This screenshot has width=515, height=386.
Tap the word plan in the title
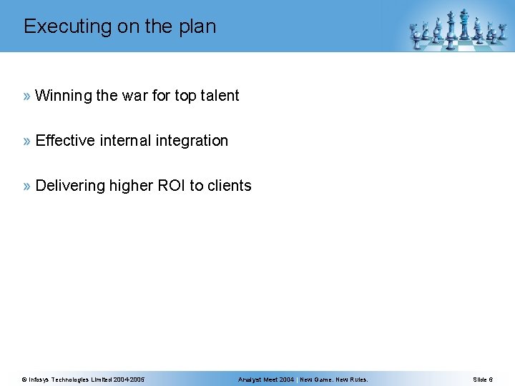[197, 27]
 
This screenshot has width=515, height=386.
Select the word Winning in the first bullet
[64, 96]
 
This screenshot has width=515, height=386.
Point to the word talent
[219, 96]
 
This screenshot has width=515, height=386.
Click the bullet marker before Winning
[27, 96]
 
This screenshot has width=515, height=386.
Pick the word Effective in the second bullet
[65, 141]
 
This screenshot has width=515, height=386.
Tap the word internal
[126, 141]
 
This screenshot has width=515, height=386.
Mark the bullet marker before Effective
[27, 141]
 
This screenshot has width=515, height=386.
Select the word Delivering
[69, 186]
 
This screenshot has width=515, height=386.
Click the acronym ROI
[165, 186]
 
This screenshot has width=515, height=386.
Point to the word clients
[230, 186]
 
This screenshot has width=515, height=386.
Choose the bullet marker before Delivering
[27, 186]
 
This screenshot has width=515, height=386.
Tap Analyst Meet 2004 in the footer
[266, 380]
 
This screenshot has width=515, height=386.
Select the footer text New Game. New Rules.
[334, 380]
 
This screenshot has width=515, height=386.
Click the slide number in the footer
[482, 380]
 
